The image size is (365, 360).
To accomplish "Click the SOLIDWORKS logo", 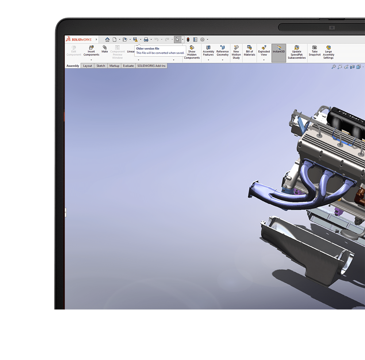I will [x=78, y=39].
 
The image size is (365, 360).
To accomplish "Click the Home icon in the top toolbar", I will [x=107, y=39].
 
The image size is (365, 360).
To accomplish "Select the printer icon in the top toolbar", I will [x=146, y=39].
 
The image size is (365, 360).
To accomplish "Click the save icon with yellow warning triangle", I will [x=135, y=39].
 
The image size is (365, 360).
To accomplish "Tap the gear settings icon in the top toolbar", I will [x=202, y=39].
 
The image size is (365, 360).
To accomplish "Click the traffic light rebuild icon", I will [x=188, y=39].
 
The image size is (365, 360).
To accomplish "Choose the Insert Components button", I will [x=91, y=51].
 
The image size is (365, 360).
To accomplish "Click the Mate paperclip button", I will [x=105, y=49].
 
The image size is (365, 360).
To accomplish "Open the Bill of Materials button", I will [x=249, y=51].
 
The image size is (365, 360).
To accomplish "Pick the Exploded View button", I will [x=264, y=51].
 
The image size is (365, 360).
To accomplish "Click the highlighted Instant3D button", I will [x=279, y=49].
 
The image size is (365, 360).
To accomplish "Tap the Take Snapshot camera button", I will [x=314, y=51].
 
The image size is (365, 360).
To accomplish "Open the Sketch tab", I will [x=101, y=66].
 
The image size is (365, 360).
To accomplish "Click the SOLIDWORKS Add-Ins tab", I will [x=151, y=66].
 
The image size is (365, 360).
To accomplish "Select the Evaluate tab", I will [x=128, y=66].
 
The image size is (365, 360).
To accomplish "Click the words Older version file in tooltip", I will [x=147, y=49].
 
